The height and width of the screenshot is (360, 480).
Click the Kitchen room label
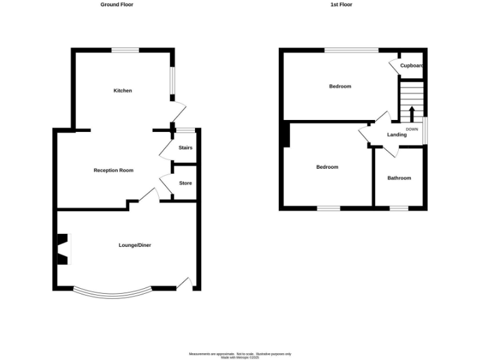[x=122, y=91]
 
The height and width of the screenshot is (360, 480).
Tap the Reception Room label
[x=113, y=171]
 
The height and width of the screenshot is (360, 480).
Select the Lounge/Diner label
[x=135, y=246]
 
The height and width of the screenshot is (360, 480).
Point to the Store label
[x=186, y=183]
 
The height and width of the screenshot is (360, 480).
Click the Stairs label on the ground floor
[x=186, y=148]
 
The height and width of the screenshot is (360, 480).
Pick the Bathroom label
[x=399, y=178]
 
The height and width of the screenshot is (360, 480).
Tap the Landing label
[x=397, y=135]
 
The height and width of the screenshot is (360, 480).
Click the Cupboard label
[x=412, y=66]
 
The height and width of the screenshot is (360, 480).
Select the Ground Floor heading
[x=117, y=4]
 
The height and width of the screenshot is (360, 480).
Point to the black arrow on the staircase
[x=411, y=115]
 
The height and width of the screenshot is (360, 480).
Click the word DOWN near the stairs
[x=412, y=129]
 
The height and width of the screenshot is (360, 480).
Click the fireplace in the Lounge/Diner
[x=64, y=249]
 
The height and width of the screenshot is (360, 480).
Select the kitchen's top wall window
[x=125, y=50]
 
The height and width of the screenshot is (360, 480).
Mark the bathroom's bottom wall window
[x=399, y=208]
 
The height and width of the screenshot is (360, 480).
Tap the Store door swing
[x=166, y=186]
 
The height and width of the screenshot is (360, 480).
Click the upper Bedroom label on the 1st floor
[x=340, y=86]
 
